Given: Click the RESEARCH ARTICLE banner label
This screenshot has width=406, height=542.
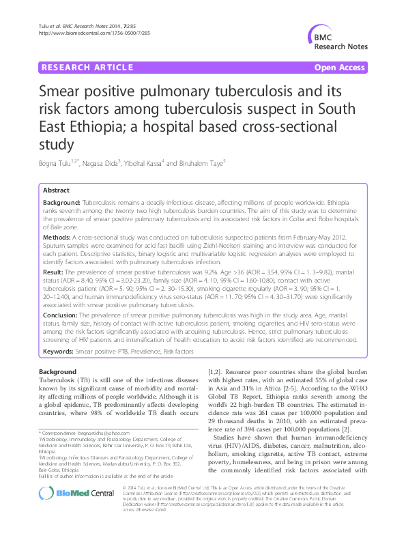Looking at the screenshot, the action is click(x=87, y=68).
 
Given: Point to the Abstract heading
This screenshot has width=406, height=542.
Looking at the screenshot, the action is click(x=56, y=190).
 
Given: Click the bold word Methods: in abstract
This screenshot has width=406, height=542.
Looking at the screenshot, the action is click(x=59, y=236).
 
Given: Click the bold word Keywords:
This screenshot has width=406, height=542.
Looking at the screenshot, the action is click(x=59, y=351).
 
